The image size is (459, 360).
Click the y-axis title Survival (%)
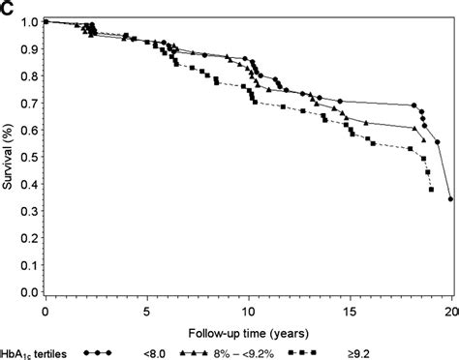point(9,155)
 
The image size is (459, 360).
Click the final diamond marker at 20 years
point(451,199)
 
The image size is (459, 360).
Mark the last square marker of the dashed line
point(431,190)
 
